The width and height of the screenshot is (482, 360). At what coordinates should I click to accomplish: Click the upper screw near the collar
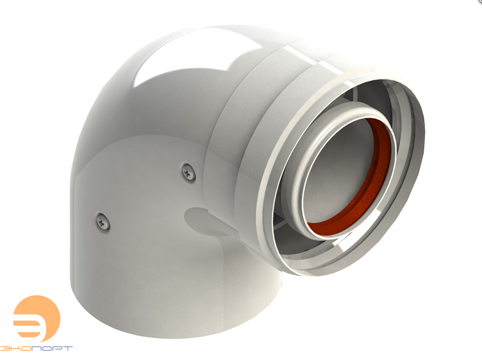(188, 172)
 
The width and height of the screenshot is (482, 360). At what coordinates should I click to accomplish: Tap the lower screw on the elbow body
(103, 221)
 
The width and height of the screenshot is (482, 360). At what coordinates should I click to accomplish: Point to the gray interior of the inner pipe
(338, 172)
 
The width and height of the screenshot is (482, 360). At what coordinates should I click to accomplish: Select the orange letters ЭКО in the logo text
(15, 349)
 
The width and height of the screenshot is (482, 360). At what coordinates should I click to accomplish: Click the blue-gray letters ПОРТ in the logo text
(52, 349)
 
